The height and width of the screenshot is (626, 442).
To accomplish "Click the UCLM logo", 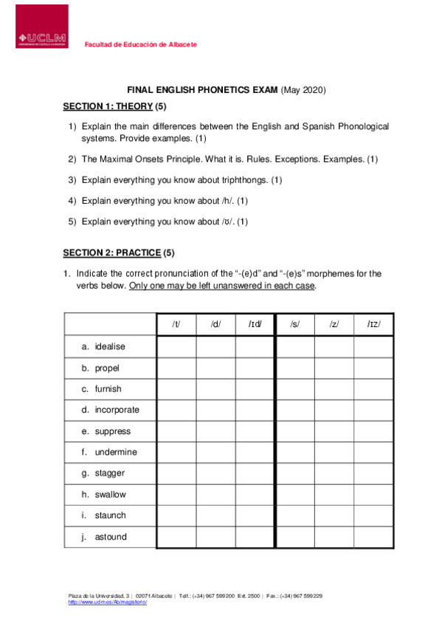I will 41,27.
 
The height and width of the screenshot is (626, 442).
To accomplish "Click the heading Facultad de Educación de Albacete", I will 141,45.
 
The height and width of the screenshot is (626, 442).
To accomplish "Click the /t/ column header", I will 176,324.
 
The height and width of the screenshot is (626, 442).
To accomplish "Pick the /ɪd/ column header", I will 255,324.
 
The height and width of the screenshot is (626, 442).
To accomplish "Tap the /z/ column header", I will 334,324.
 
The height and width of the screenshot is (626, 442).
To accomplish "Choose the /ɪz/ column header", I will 374,324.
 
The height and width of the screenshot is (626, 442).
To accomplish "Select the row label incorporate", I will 117,410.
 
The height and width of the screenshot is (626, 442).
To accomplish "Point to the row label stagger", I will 110,473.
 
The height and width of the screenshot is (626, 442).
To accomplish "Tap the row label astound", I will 111,537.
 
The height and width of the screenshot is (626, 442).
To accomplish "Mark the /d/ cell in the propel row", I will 215,368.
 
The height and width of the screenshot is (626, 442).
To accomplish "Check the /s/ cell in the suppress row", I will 294,431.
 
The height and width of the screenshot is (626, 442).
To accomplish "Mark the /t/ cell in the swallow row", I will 176,495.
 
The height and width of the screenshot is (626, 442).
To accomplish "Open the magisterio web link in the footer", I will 108,603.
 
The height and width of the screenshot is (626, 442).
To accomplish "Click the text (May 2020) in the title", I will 303,90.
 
